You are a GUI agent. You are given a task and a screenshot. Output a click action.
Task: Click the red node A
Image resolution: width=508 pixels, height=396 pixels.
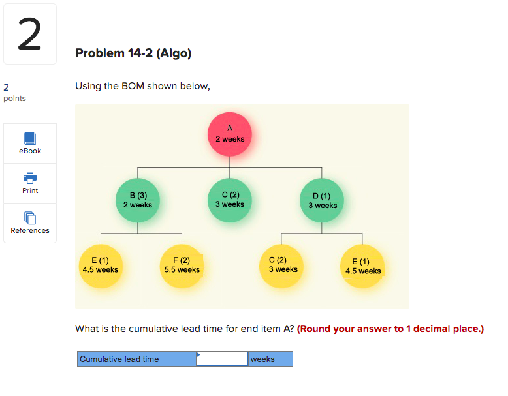(x=230, y=134)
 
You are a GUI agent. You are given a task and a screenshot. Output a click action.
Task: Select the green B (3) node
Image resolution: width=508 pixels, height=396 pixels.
(x=138, y=200)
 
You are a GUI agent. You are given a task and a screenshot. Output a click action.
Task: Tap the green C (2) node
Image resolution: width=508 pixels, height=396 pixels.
(x=230, y=200)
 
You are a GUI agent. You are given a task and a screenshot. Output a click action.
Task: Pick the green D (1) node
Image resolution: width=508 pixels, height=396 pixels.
(x=323, y=200)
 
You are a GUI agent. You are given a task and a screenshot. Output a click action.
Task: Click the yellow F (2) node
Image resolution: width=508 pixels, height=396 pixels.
(x=182, y=265)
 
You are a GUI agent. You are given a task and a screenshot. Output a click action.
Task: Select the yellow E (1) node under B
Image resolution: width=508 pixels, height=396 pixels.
(x=101, y=265)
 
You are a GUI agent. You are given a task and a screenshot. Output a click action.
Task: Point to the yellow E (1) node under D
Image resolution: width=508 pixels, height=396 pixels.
(x=363, y=266)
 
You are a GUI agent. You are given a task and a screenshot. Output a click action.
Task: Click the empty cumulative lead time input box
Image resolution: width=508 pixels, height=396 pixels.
(x=222, y=359)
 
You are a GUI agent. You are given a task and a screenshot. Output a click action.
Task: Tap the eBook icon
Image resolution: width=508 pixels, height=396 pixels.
(x=30, y=138)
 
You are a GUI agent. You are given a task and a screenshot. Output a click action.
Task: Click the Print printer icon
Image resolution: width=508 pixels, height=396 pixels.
(x=30, y=177)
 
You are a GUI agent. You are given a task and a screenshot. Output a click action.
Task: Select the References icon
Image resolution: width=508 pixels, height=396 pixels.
(x=30, y=217)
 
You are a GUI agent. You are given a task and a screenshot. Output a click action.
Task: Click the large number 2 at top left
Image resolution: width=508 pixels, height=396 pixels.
(x=29, y=36)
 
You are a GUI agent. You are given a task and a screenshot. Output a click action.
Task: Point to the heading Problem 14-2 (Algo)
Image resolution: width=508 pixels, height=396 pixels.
(x=133, y=53)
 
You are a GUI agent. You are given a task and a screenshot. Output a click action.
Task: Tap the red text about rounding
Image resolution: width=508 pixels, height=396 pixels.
(x=390, y=329)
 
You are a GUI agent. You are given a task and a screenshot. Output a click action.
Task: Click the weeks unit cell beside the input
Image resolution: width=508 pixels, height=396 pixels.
(x=270, y=359)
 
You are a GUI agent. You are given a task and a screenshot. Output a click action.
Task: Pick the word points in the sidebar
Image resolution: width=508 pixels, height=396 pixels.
(x=14, y=99)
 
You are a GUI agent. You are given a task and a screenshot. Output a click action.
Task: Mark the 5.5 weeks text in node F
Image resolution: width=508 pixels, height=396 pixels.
(x=182, y=269)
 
